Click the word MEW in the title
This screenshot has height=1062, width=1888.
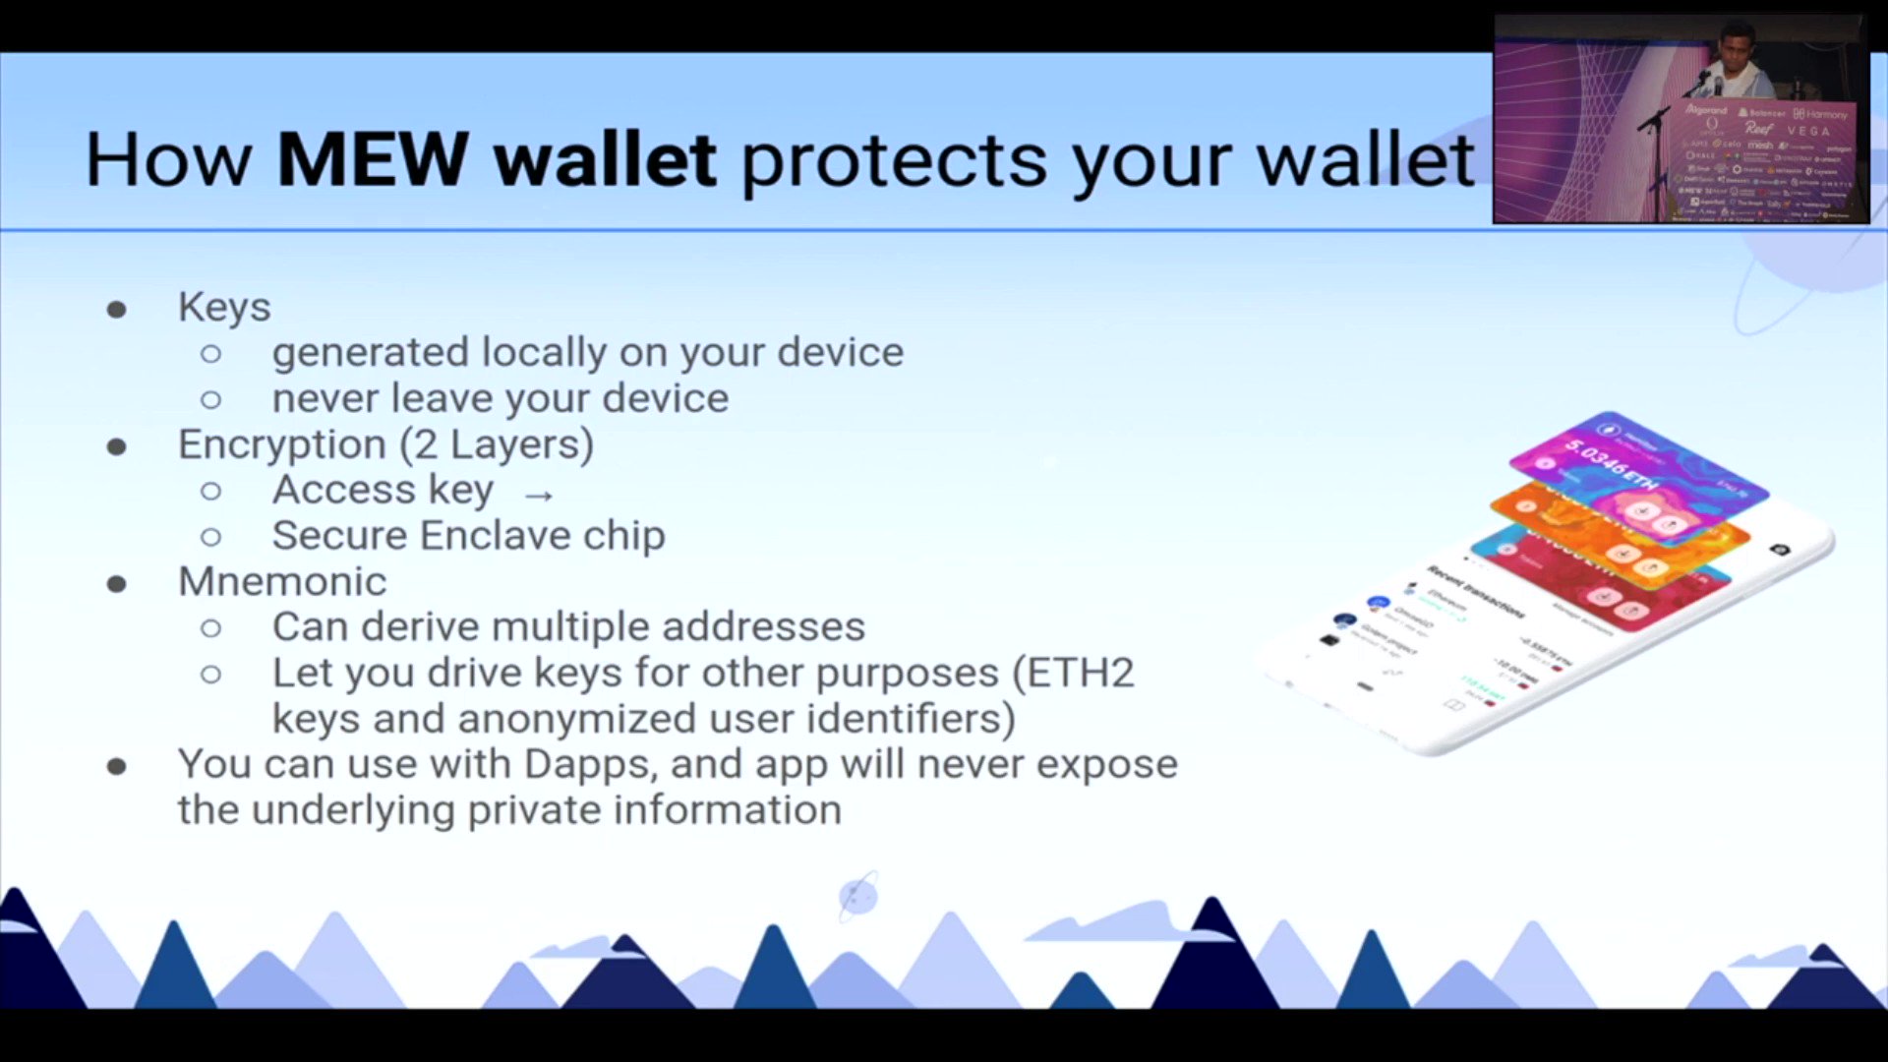coord(372,159)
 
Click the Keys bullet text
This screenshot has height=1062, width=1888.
coord(224,307)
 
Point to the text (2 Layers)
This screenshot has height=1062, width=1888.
coord(497,444)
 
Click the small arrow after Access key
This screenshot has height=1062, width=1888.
coord(539,495)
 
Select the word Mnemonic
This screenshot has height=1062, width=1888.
coord(282,581)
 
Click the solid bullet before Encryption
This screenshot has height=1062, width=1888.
coord(117,447)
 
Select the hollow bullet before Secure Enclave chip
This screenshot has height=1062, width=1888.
coord(210,537)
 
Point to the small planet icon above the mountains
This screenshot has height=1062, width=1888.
coord(857,896)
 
